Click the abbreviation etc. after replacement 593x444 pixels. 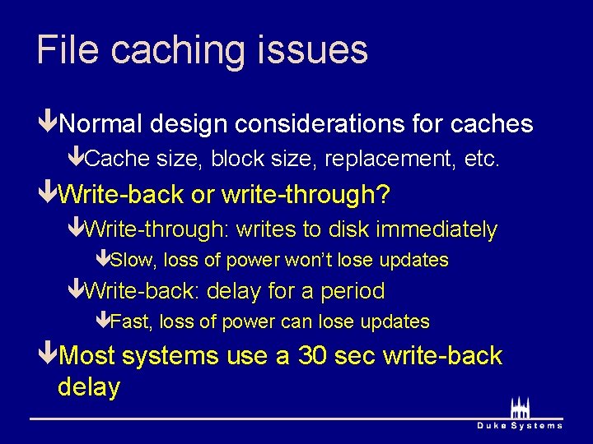tap(482, 159)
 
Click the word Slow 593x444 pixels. tap(133, 261)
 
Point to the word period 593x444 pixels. tap(353, 291)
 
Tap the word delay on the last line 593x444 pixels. tap(89, 386)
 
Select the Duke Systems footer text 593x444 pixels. tap(520, 425)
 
